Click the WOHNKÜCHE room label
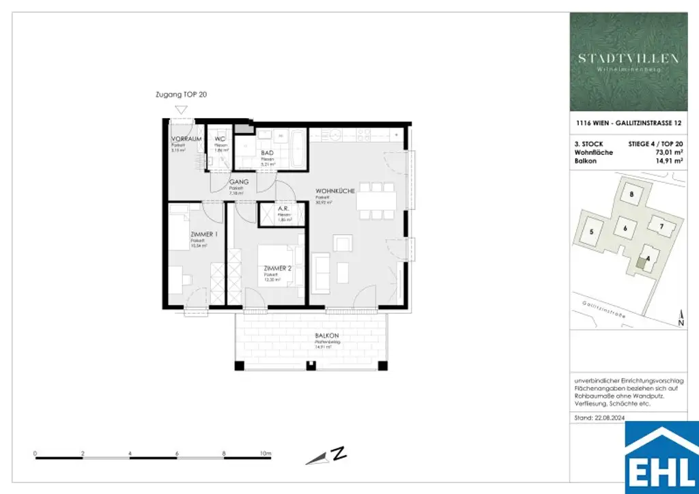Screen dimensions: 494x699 pos(334,192)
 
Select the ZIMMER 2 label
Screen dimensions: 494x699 pos(278,269)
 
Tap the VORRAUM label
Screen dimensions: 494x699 pos(185,139)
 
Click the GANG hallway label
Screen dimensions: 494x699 pos(238,183)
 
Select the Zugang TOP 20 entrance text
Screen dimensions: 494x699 pos(181,96)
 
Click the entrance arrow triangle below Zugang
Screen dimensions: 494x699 pos(181,108)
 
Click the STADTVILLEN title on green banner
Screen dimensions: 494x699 pos(629,59)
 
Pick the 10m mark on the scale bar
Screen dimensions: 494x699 pos(266,453)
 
